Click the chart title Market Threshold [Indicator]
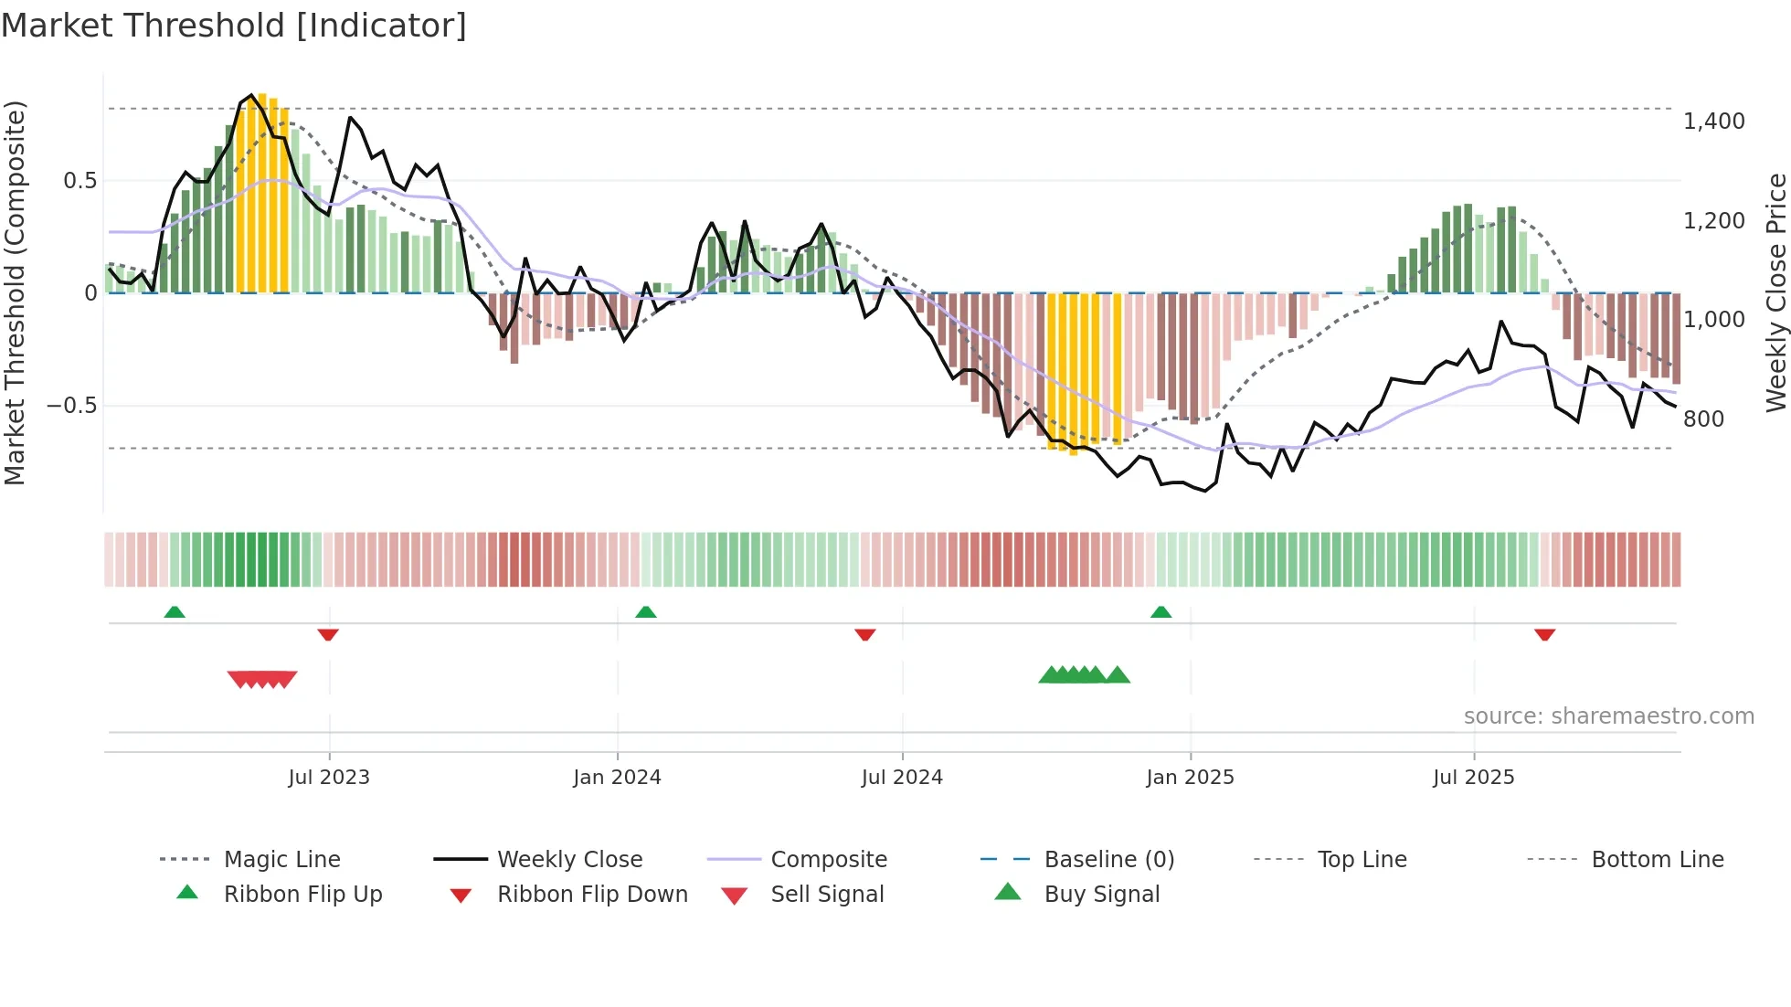pos(234,26)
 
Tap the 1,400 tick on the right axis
pos(1713,122)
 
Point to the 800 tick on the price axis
pos(1703,419)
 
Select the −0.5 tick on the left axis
pos(71,406)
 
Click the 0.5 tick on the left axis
pos(79,181)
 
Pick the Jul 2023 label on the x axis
pos(329,778)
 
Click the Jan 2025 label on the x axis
pos(1190,778)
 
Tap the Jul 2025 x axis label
pos(1473,778)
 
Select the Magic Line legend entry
pos(281,860)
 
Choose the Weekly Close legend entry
pos(569,860)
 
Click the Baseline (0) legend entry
pos(1108,860)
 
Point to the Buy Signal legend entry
pos(1101,895)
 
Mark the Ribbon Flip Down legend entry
pos(591,895)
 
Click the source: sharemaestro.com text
pos(1608,716)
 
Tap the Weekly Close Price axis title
pos(1775,292)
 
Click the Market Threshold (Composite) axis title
pos(15,292)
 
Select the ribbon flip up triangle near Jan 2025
pos(1160,612)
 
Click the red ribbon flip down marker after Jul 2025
pos(1544,634)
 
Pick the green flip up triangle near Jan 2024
pos(645,612)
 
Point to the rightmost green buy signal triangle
pos(1117,675)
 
